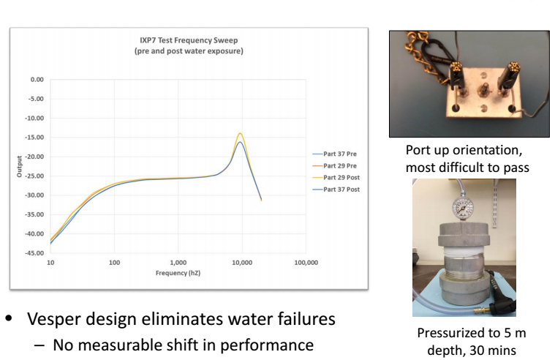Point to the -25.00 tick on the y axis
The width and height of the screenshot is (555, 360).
34,176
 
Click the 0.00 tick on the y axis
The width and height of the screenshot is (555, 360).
36,79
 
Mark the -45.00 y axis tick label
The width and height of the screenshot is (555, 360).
34,253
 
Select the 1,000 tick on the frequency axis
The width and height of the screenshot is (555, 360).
178,260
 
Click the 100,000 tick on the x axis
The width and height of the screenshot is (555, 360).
305,260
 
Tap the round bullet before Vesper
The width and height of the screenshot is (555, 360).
15,320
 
